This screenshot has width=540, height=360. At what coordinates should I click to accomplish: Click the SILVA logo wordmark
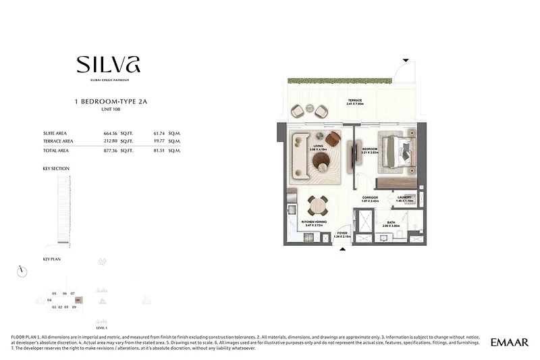point(108,64)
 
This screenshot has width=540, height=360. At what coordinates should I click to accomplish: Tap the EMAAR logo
point(510,342)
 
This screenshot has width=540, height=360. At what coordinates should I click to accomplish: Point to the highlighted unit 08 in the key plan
point(78,300)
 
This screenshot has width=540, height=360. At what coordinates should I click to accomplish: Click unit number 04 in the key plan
point(50,300)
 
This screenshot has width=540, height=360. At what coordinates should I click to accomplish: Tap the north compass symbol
point(22,271)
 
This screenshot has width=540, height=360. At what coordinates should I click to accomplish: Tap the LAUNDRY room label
point(404,198)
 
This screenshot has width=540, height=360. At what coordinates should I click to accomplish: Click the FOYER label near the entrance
point(343,233)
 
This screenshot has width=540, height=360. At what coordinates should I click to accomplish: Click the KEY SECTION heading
point(55,168)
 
